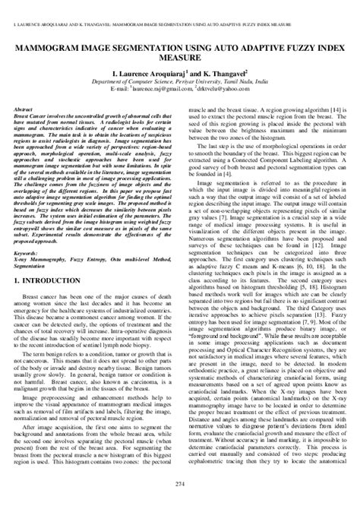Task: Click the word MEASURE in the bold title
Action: (x=180, y=58)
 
